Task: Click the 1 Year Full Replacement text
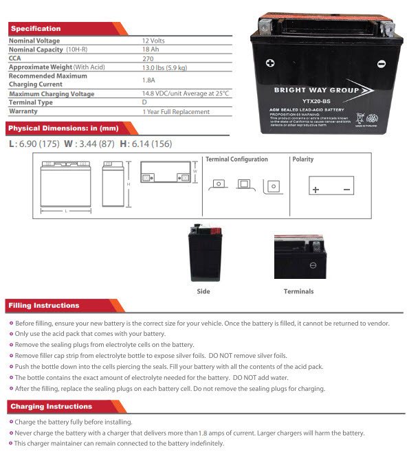pyautogui.click(x=175, y=111)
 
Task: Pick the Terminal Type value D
pyautogui.click(x=144, y=102)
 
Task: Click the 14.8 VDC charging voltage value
pyautogui.click(x=185, y=93)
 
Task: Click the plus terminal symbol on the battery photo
pyautogui.click(x=270, y=64)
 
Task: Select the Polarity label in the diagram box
pyautogui.click(x=302, y=159)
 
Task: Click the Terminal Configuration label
pyautogui.click(x=236, y=159)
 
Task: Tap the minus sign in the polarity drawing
pyautogui.click(x=347, y=189)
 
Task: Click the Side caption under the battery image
pyautogui.click(x=203, y=291)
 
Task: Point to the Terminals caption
pyautogui.click(x=298, y=291)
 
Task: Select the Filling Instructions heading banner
pyautogui.click(x=44, y=306)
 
